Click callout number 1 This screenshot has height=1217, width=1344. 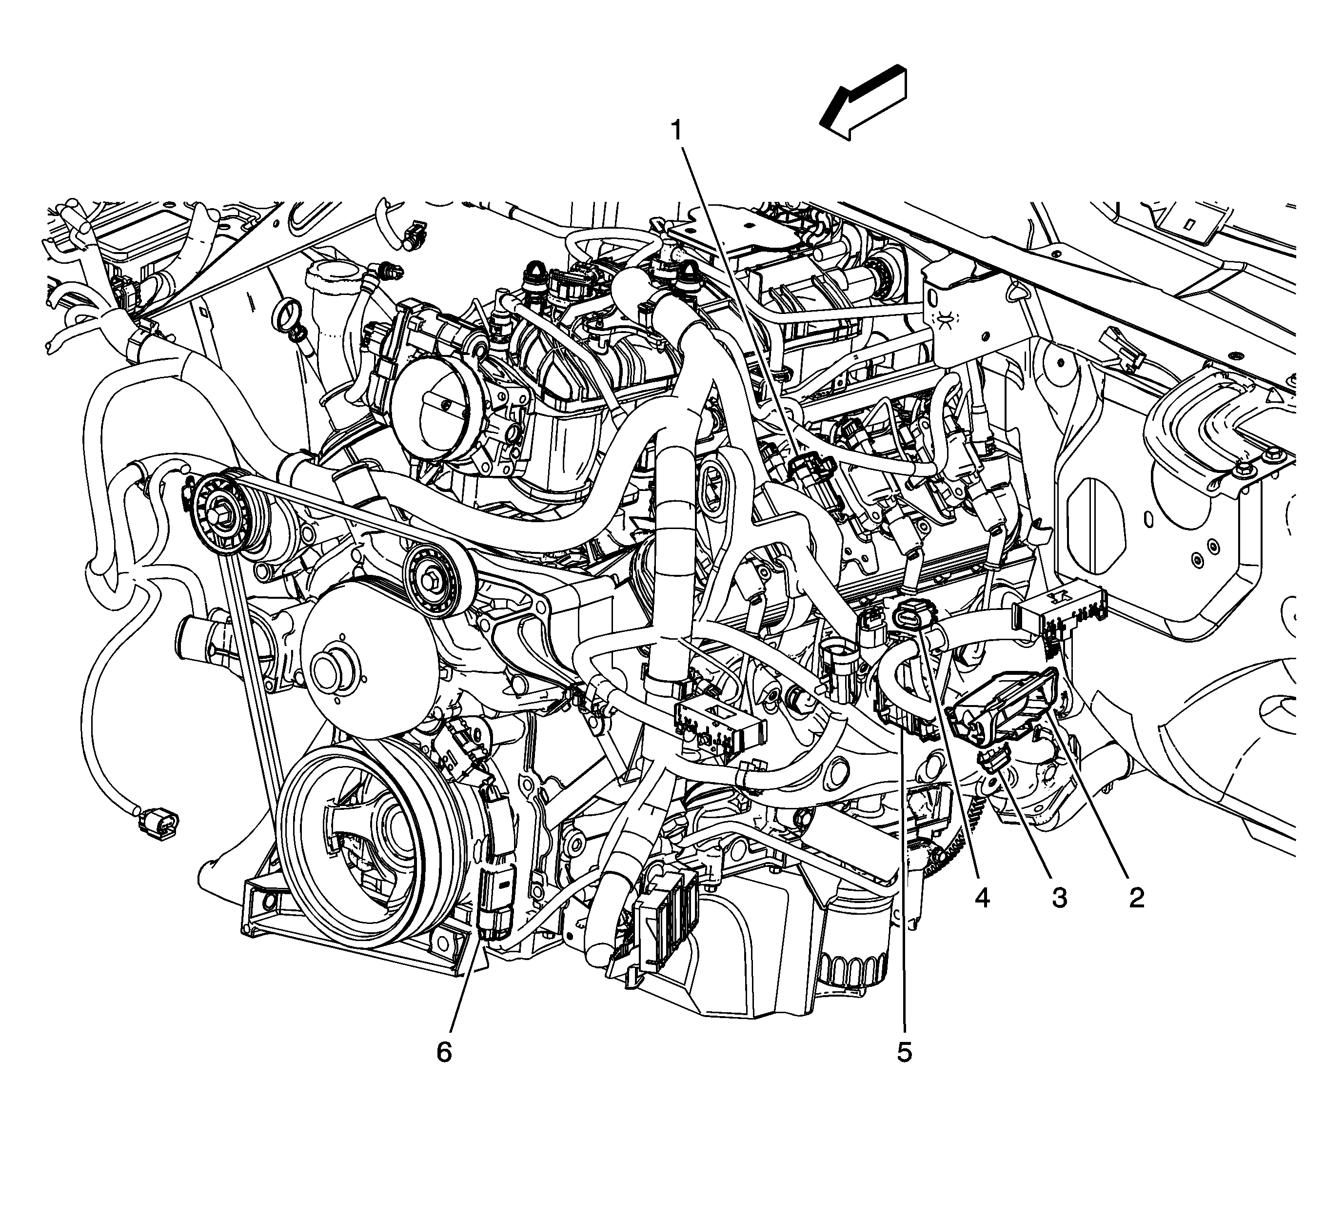[x=676, y=131]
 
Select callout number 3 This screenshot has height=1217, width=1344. [x=1059, y=899]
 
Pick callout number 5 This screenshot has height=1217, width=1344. [x=904, y=1052]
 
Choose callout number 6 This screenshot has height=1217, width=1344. [x=444, y=1052]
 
